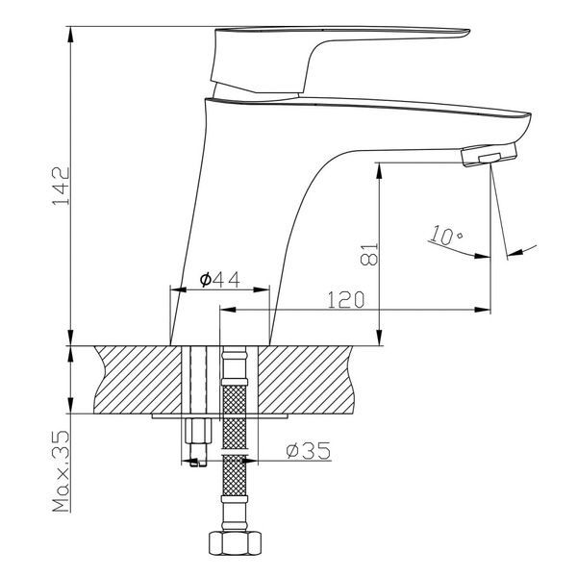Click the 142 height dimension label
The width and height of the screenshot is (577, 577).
pyautogui.click(x=62, y=187)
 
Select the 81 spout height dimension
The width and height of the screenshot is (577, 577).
pyautogui.click(x=369, y=254)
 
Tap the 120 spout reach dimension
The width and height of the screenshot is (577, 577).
pyautogui.click(x=346, y=299)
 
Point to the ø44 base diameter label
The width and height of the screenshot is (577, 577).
pyautogui.click(x=219, y=280)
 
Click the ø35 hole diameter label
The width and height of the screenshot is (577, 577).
pyautogui.click(x=309, y=450)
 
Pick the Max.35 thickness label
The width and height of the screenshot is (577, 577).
pyautogui.click(x=62, y=471)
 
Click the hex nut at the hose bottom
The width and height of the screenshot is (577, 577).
pyautogui.click(x=236, y=542)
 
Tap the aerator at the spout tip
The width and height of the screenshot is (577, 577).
pyautogui.click(x=489, y=155)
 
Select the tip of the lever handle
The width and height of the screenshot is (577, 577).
pyautogui.click(x=469, y=32)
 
